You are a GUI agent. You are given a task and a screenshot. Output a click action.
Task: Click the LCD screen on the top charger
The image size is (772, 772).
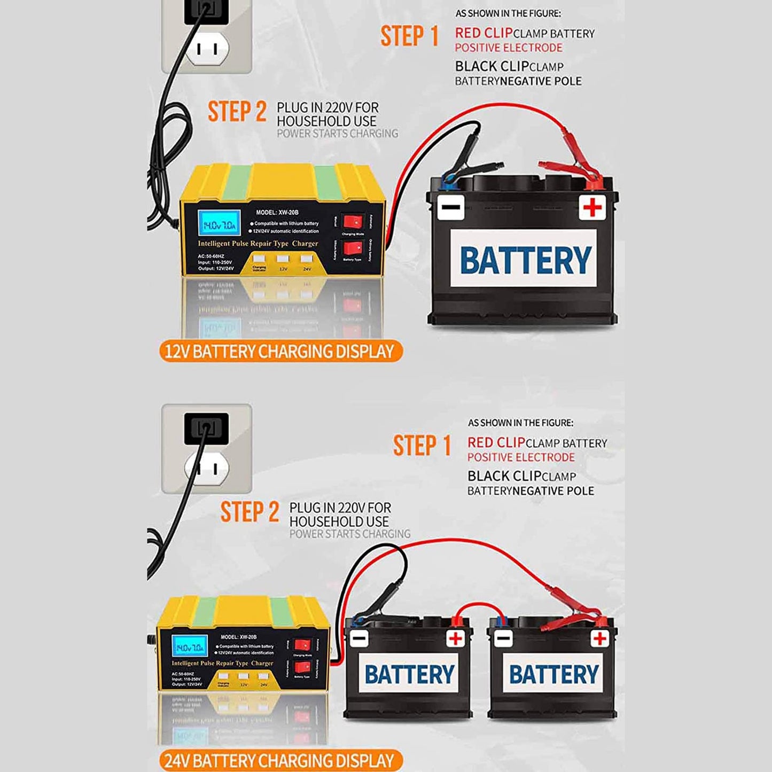point(219,223)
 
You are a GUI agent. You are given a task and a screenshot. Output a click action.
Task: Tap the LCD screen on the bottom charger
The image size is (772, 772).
point(189,646)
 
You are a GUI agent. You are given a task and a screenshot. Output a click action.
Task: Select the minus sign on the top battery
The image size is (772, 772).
point(450,207)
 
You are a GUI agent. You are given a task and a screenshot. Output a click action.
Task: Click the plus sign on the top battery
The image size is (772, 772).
point(592,207)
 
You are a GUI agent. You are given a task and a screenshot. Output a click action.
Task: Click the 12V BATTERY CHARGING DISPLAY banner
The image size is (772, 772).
point(280,352)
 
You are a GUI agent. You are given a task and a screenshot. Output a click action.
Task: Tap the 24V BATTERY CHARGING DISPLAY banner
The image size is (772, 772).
point(280,761)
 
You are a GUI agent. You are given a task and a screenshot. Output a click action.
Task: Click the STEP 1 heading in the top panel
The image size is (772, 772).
point(410,36)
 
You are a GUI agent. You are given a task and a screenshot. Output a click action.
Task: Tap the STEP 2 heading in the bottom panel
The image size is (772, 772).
point(249,512)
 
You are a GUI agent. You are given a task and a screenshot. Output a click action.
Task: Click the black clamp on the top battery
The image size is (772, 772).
point(462,160)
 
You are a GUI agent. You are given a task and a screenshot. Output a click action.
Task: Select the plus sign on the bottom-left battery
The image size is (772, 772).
point(456,638)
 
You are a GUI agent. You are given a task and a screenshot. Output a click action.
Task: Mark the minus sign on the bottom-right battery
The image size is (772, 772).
point(503,638)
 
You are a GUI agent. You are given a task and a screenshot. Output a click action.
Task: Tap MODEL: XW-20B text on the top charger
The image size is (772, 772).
point(277,213)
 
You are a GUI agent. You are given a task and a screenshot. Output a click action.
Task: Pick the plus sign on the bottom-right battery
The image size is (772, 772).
point(600,638)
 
